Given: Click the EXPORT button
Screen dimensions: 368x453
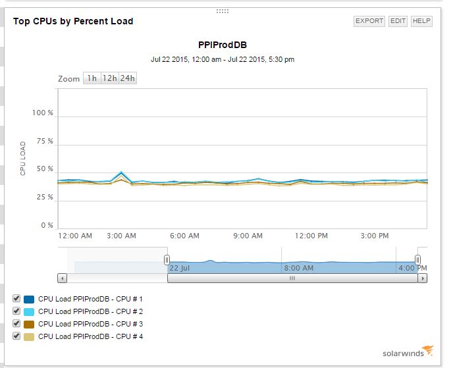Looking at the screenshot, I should pos(369,21).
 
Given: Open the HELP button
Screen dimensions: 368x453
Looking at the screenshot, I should pos(421,21).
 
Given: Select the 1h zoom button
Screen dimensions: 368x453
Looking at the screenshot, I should pos(92,78).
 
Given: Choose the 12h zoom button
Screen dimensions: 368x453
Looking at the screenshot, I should pos(109,78).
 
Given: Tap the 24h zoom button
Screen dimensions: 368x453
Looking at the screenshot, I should pos(127,78).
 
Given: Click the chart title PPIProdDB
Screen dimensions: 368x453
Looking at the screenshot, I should pos(223,45).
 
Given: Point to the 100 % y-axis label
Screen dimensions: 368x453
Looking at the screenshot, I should pos(43,113).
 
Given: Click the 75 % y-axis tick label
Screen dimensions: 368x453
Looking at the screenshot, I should pos(45,142).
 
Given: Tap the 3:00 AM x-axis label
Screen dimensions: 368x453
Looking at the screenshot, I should pos(121,236).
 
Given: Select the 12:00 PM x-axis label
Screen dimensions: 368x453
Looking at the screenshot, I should pos(311,236).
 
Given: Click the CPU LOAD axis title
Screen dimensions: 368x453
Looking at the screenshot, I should pos(23,158).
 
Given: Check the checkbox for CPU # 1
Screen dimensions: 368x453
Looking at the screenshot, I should pos(16,299).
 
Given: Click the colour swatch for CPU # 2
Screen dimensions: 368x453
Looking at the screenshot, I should pos(29,311).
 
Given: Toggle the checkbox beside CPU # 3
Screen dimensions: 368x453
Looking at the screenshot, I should pos(16,324).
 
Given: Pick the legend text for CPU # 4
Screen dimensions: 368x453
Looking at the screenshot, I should pos(90,336).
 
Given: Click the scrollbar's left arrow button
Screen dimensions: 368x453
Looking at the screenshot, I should pos(63,278).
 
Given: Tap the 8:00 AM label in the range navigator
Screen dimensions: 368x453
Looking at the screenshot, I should pos(298,268).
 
